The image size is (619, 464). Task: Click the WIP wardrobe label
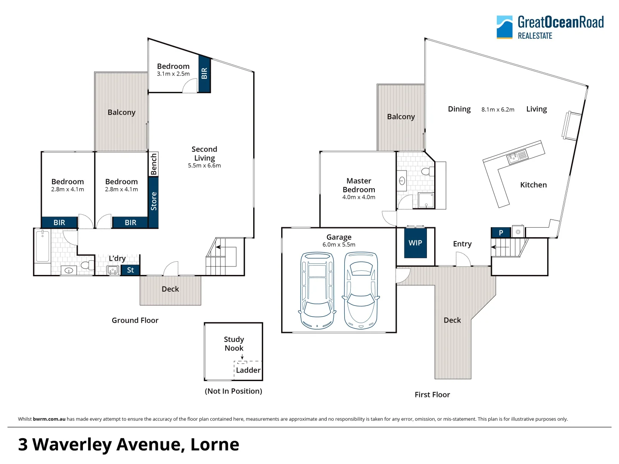pos(415,243)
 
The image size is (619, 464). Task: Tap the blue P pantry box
pos(501,232)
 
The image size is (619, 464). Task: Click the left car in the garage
pos(317,290)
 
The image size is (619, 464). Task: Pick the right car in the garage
pos(361,290)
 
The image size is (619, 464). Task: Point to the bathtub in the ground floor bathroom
pos(43,246)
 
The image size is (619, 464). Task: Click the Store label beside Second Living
pos(153,201)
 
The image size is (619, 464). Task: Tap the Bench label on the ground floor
pos(153,164)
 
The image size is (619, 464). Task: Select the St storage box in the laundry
pos(130,270)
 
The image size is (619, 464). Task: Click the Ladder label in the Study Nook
pos(248,370)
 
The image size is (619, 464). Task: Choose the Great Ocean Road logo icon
pos(504,27)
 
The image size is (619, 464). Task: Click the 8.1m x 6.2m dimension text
pos(498,110)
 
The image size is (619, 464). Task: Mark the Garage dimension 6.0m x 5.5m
pos(339,245)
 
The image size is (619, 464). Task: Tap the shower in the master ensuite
pos(426,200)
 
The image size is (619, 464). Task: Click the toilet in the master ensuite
pos(428,171)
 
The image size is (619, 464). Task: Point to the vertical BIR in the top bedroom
pos(204,73)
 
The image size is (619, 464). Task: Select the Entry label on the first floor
pos(462,244)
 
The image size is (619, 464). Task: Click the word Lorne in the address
pos(215,445)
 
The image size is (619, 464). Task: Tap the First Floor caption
pos(432,395)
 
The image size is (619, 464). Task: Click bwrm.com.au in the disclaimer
pos(49,419)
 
